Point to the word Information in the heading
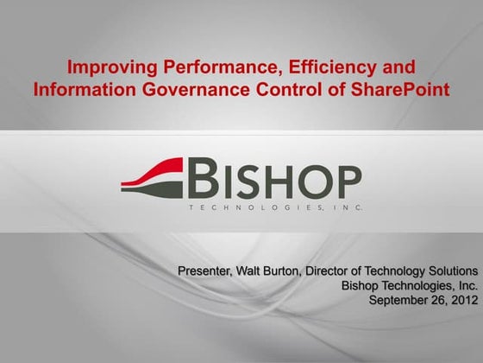pyautogui.click(x=78, y=88)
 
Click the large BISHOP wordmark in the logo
pyautogui.click(x=273, y=181)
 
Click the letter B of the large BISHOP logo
pyautogui.click(x=201, y=181)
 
